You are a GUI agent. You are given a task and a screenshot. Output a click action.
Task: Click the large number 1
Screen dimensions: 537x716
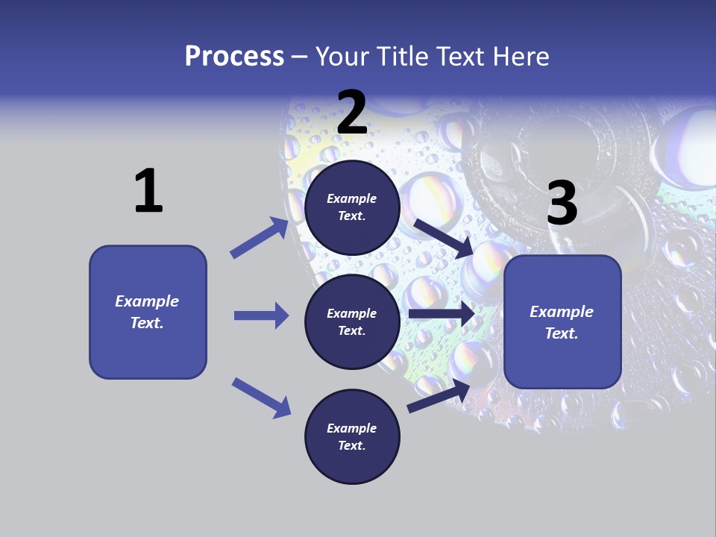[x=148, y=191]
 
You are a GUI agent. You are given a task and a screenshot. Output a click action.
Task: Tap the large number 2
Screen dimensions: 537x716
[x=352, y=113]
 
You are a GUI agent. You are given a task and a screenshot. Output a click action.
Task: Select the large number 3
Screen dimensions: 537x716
[x=562, y=203]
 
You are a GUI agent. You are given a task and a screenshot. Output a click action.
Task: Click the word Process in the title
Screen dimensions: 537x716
[x=234, y=56]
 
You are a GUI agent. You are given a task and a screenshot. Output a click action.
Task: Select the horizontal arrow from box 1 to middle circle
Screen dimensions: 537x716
[x=261, y=315]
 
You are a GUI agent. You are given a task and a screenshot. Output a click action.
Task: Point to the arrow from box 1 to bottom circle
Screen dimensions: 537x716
[x=261, y=397]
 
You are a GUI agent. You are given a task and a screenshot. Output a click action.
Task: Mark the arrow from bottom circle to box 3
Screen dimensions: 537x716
[x=439, y=396]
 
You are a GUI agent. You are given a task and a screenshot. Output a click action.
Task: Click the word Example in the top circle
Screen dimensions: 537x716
[x=352, y=198]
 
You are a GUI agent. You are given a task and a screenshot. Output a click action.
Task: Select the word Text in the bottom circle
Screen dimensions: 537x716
[x=351, y=445]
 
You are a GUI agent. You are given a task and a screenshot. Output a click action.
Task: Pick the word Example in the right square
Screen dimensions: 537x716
[x=562, y=312]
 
